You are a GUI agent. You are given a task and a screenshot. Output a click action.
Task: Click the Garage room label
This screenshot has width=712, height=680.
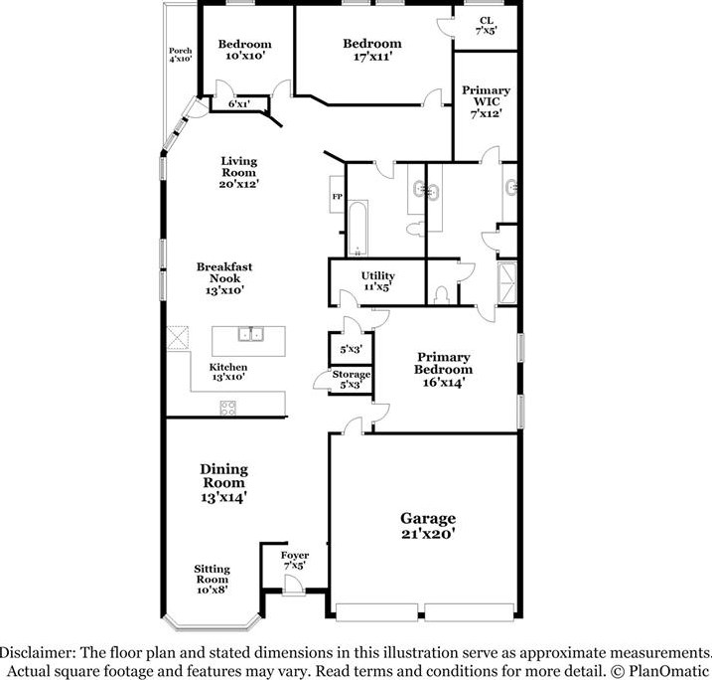coord(428,526)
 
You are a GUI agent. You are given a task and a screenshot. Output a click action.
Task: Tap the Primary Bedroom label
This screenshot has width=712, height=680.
coord(443,370)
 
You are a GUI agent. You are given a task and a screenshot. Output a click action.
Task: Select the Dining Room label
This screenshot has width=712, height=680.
coord(223,483)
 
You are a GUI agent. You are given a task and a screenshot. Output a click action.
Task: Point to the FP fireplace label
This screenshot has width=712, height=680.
coord(337,197)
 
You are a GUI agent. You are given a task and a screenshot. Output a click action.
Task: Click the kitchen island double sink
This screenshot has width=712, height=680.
coord(250,334)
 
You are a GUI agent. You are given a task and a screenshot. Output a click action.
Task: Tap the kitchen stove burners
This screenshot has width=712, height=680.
coord(228,408)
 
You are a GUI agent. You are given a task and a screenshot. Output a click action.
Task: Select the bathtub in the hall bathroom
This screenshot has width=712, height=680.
coord(357,229)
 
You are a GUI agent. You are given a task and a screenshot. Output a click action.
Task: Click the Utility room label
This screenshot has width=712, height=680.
coord(377,281)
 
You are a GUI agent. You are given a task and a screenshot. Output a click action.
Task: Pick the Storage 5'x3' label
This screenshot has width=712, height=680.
coord(351,379)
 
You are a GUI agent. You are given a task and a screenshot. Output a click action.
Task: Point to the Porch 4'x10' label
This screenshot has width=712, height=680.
coord(181,55)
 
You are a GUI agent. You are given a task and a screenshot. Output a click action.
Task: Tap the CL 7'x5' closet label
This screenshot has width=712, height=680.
coord(486,26)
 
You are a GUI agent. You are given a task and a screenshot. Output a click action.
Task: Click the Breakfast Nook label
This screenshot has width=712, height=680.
coord(224,278)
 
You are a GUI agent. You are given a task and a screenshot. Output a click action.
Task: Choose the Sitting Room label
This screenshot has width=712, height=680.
coord(213,580)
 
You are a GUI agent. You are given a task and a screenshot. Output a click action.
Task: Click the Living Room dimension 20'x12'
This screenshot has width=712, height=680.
coord(239,184)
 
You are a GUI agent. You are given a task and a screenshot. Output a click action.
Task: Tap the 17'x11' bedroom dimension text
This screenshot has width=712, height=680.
coord(372,57)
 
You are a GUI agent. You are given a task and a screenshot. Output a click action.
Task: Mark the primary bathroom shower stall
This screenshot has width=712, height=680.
coord(507,282)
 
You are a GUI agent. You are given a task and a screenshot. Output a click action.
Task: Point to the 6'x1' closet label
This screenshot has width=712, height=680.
coord(239,104)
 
